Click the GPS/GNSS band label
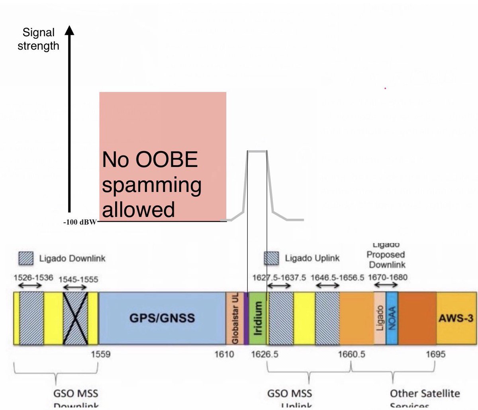click(x=162, y=318)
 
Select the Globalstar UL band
click(x=235, y=318)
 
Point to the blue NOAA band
click(x=392, y=318)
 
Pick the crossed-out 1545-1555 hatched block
click(x=75, y=318)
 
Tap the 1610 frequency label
click(x=224, y=354)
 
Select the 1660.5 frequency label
click(x=352, y=354)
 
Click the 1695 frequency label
click(x=435, y=354)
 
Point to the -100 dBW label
click(x=80, y=222)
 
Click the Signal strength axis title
click(x=38, y=39)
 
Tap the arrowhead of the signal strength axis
click(x=69, y=30)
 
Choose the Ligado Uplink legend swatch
click(x=272, y=259)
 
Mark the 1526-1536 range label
click(x=33, y=277)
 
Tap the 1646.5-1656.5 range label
click(x=337, y=277)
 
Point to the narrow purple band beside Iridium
click(x=246, y=318)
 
